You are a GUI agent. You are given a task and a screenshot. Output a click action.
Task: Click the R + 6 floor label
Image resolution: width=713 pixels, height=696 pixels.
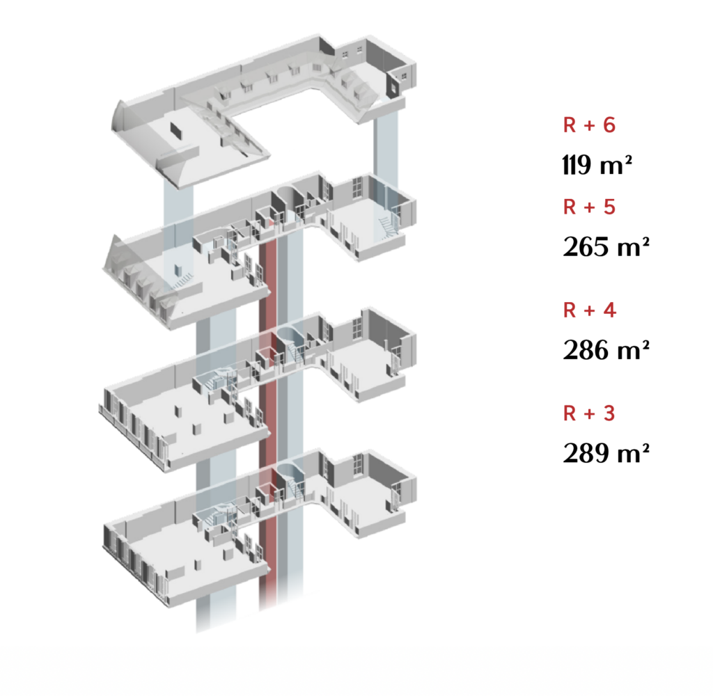point(589,125)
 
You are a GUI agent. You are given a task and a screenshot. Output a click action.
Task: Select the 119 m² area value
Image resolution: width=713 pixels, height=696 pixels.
point(597,164)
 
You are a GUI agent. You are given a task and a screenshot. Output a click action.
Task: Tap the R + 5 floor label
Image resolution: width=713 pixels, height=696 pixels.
point(589,207)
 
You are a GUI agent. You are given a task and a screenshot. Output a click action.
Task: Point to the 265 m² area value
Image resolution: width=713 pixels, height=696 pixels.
point(606,247)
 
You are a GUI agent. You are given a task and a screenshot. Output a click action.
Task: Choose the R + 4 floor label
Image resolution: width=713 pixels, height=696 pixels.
point(589,310)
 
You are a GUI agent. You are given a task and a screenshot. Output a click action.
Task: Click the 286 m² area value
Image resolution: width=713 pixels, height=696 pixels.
point(606,350)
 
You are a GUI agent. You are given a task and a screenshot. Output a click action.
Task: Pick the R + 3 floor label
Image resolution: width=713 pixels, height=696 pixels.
point(589,413)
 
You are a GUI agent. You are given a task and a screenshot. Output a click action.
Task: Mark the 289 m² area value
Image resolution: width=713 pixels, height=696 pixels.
point(606,453)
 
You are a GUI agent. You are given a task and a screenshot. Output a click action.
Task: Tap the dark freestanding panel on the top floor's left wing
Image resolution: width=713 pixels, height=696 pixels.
point(176,131)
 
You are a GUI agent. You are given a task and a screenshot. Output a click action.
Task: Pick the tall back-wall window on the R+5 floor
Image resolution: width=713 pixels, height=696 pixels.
point(357,187)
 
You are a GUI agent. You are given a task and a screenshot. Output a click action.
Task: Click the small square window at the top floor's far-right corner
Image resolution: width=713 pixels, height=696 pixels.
point(404,77)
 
